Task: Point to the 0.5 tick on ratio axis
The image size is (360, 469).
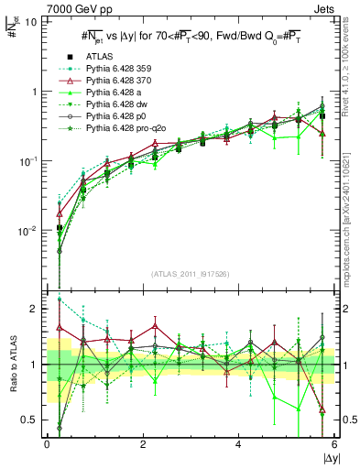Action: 30,420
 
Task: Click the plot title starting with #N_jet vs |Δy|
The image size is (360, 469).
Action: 191,37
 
